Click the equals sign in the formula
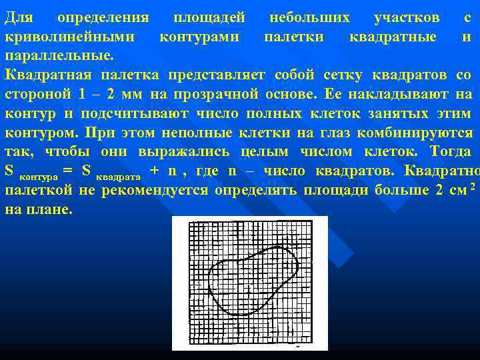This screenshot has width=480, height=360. click(x=67, y=171)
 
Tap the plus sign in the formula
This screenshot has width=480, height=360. click(x=155, y=171)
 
